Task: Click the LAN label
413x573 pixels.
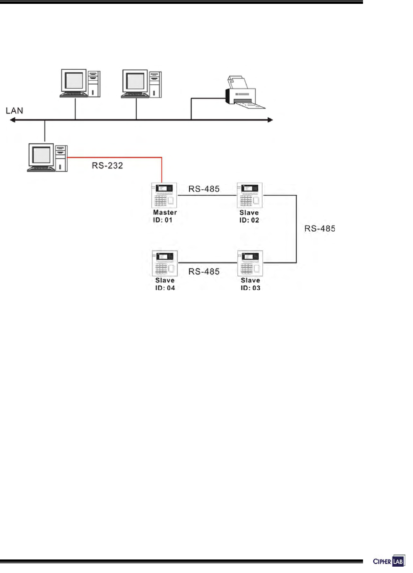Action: [14, 111]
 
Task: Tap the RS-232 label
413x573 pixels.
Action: [107, 166]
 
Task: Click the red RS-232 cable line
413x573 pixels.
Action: [114, 158]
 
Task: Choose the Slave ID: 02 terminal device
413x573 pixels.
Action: [249, 195]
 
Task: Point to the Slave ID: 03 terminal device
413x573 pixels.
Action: [250, 263]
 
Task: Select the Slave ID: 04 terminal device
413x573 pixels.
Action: [165, 263]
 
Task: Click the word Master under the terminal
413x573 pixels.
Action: [165, 213]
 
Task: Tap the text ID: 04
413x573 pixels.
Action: [165, 288]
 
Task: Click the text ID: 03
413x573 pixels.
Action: [250, 288]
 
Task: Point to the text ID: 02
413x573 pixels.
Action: [249, 220]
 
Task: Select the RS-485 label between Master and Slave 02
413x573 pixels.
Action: [204, 189]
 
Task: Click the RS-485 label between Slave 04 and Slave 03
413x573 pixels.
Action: [204, 271]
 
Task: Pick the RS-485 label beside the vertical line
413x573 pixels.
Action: [320, 229]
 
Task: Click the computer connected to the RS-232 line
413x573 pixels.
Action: [47, 158]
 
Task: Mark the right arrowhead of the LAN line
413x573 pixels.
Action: [270, 120]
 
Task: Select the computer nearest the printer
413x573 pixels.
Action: [141, 83]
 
